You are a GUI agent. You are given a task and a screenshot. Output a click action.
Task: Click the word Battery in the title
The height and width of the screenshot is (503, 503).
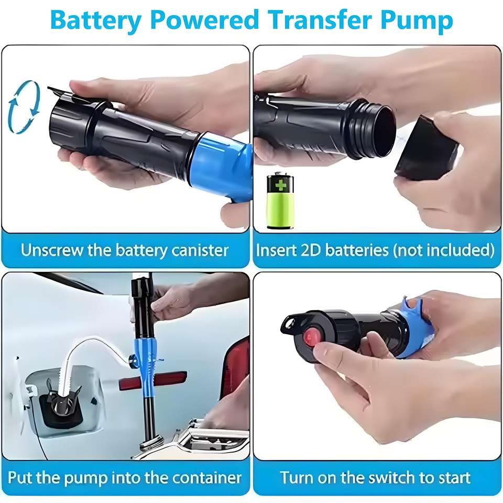tap(95, 20)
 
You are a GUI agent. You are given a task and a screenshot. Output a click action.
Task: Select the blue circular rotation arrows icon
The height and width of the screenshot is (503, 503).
tap(24, 107)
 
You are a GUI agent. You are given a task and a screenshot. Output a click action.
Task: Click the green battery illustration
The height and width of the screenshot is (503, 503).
tap(280, 201)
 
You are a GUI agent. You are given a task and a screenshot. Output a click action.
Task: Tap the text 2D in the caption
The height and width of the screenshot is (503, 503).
tap(311, 250)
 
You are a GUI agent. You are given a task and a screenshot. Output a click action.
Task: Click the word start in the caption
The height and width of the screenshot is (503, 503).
tap(455, 478)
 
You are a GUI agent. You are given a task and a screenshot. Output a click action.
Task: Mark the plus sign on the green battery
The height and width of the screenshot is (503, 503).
tap(280, 185)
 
